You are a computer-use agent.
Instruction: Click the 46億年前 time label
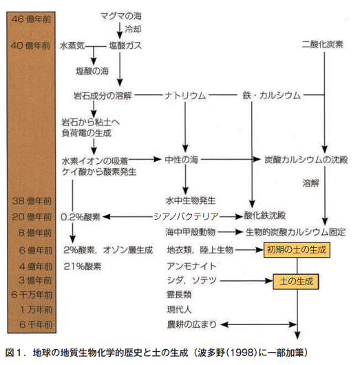pyautogui.click(x=31, y=19)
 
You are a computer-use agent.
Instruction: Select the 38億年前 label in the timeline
pyautogui.click(x=32, y=201)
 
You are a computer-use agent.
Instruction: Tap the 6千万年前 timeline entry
pyautogui.click(x=32, y=295)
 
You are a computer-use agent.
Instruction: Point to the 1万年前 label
pyautogui.click(x=36, y=310)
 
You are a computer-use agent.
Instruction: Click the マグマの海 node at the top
pyautogui.click(x=120, y=16)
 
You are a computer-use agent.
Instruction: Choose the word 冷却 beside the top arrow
pyautogui.click(x=133, y=30)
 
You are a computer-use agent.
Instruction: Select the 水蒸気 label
pyautogui.click(x=72, y=45)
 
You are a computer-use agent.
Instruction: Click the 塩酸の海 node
pyautogui.click(x=92, y=71)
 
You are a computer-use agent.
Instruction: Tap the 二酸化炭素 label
pyautogui.click(x=322, y=44)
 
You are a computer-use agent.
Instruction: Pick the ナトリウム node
pyautogui.click(x=185, y=96)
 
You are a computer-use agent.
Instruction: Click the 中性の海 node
pyautogui.click(x=181, y=160)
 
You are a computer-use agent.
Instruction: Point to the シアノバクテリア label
pyautogui.click(x=186, y=216)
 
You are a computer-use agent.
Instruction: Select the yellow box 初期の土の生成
pyautogui.click(x=297, y=250)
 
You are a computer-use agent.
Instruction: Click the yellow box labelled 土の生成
pyautogui.click(x=296, y=282)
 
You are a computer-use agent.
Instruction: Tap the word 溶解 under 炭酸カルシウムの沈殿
pyautogui.click(x=310, y=183)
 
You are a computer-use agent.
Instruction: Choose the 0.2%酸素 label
pyautogui.click(x=81, y=217)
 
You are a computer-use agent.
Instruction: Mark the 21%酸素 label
pyautogui.click(x=83, y=267)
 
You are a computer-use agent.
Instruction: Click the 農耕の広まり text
pyautogui.click(x=192, y=324)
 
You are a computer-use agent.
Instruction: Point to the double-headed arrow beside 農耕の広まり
pyautogui.click(x=259, y=324)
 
